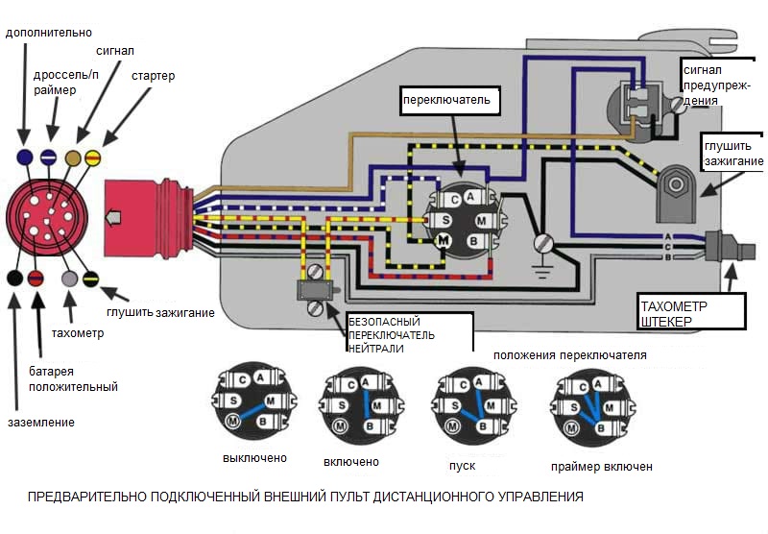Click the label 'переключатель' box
(x=447, y=100)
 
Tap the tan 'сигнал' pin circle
(x=73, y=157)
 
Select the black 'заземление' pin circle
(x=14, y=279)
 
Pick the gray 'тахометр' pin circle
(x=69, y=279)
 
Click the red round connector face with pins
(x=43, y=217)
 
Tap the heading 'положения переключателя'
(x=569, y=355)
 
